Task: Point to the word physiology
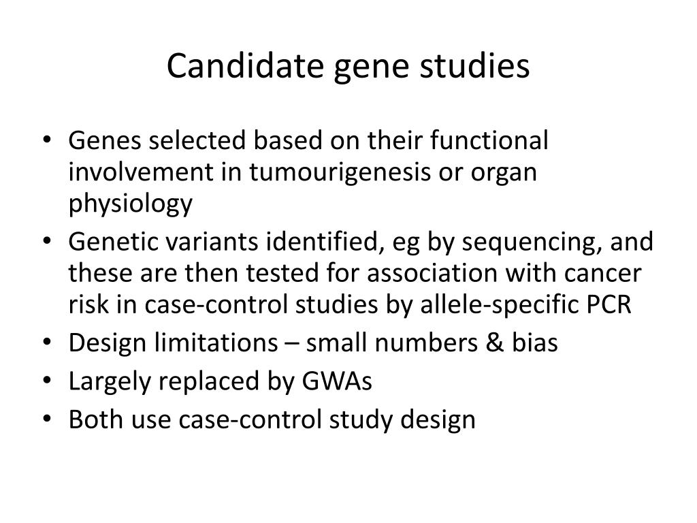tap(130, 204)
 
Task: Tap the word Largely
tap(111, 381)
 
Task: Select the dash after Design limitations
tap(291, 343)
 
